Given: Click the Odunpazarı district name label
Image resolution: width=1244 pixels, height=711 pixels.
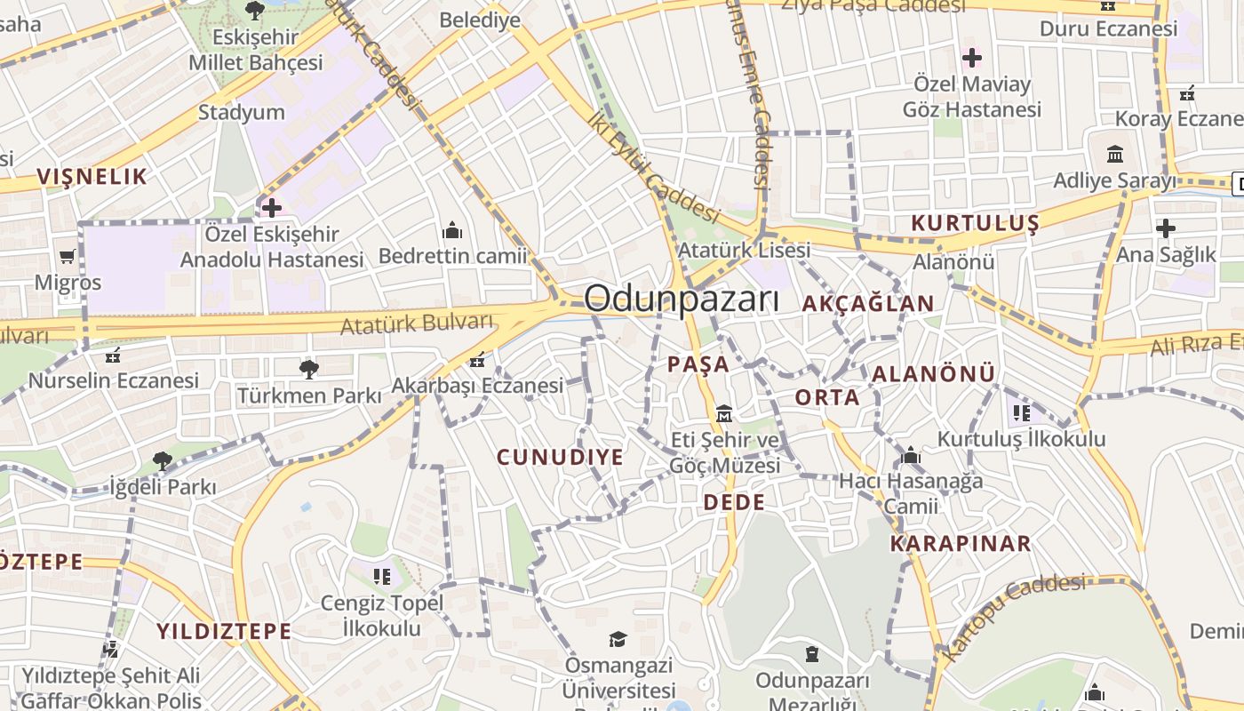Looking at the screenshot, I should pyautogui.click(x=682, y=300).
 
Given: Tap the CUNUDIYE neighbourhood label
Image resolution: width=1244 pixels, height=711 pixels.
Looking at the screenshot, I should pyautogui.click(x=560, y=458).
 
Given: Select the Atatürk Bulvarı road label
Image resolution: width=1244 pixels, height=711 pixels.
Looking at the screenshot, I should pyautogui.click(x=417, y=324).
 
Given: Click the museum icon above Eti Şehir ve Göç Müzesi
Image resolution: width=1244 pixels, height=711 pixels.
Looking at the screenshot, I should pyautogui.click(x=724, y=413).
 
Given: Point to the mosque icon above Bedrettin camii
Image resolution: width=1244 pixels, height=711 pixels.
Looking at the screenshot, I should pyautogui.click(x=452, y=231).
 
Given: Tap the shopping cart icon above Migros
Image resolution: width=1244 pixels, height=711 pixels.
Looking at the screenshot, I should pyautogui.click(x=68, y=257).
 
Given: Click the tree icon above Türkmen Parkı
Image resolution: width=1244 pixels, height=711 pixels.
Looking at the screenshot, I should pyautogui.click(x=309, y=369).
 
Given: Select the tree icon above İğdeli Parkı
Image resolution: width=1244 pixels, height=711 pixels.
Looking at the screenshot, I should pyautogui.click(x=162, y=460).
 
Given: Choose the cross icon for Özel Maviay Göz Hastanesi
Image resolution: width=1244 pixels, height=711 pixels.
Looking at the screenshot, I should pyautogui.click(x=971, y=59).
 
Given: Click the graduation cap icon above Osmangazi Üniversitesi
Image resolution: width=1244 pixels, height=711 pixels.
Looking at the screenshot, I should pyautogui.click(x=618, y=639).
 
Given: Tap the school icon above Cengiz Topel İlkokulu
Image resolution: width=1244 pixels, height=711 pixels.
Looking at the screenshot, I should pyautogui.click(x=382, y=577).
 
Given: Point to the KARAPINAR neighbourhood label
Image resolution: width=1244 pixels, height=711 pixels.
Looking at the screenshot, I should pyautogui.click(x=961, y=543).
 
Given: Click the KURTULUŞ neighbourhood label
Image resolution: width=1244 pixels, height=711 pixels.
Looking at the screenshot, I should pyautogui.click(x=975, y=223).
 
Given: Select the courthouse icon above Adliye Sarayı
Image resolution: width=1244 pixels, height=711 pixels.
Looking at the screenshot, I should pyautogui.click(x=1115, y=155).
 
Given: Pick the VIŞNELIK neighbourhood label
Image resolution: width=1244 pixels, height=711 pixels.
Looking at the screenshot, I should pyautogui.click(x=92, y=177).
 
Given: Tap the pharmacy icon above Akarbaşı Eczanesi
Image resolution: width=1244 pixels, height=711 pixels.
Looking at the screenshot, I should pyautogui.click(x=477, y=360).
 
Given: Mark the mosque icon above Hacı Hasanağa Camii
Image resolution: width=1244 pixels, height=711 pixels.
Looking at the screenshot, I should pyautogui.click(x=911, y=456).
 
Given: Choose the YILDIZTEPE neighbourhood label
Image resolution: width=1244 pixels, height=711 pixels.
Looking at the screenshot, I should pyautogui.click(x=224, y=632).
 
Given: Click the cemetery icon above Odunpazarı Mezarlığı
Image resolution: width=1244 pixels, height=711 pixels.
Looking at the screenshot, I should pyautogui.click(x=811, y=655).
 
